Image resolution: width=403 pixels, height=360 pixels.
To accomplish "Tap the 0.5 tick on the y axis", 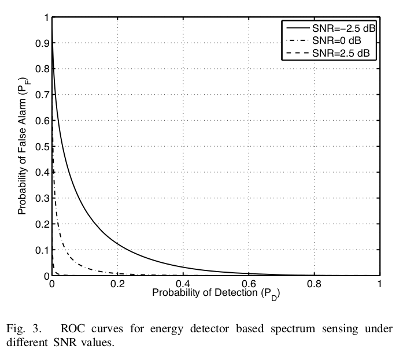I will (42, 147).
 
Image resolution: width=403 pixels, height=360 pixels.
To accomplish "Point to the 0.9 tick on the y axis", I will (42, 43).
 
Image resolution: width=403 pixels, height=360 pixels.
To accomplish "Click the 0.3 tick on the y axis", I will (42, 198).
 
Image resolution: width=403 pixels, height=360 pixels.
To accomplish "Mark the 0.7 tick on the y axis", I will (42, 95).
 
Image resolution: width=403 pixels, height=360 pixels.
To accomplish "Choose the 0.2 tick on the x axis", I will (117, 284).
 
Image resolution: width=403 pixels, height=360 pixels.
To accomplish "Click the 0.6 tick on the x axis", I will (248, 284).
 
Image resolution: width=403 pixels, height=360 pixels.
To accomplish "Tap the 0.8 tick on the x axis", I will (313, 284).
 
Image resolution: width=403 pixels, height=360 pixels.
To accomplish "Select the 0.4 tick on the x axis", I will (183, 284).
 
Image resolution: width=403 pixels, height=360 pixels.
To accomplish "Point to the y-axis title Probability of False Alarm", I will (23, 147).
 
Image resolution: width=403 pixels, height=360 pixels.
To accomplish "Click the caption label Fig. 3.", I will (24, 329).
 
